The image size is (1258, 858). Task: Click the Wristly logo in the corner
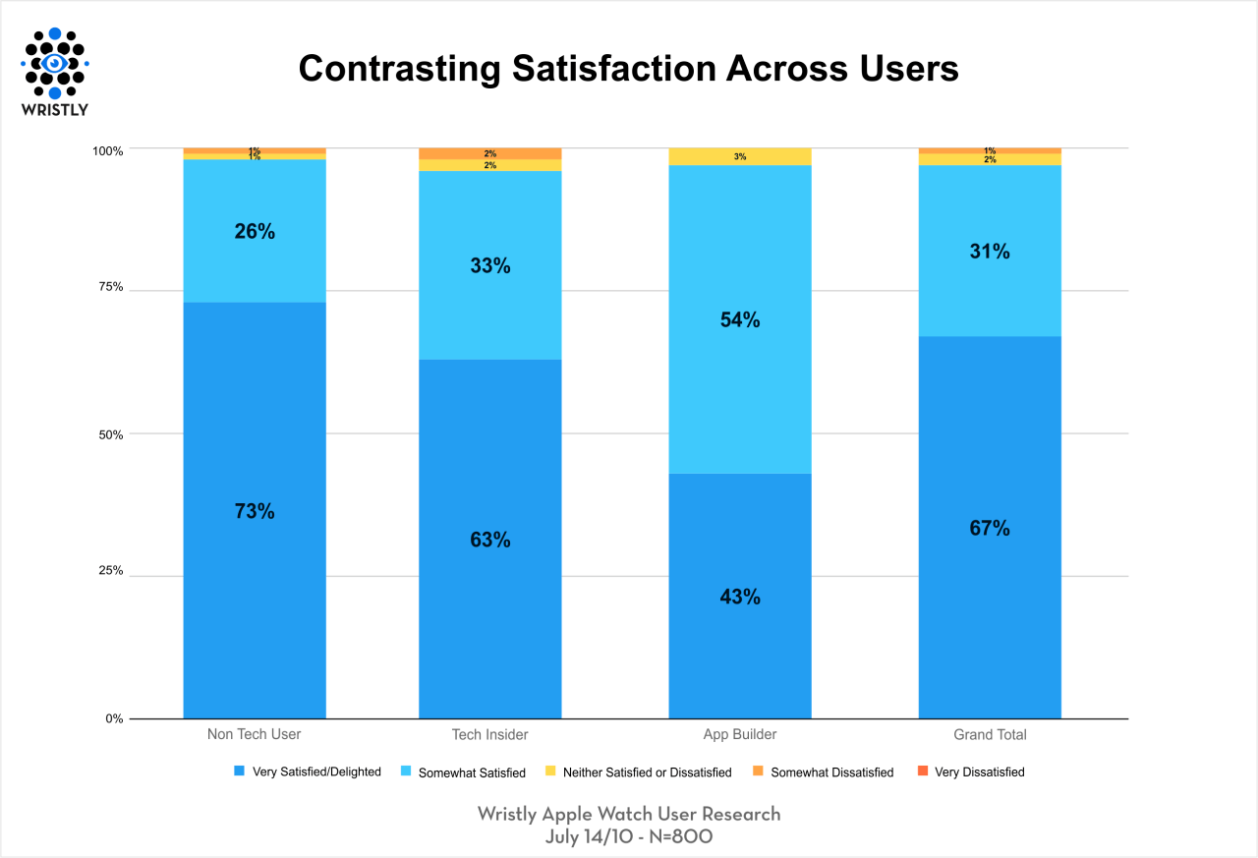(x=55, y=71)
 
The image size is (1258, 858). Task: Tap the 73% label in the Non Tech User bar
(x=255, y=511)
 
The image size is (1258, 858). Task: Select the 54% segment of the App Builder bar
(x=740, y=319)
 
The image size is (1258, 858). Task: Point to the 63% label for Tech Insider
(x=490, y=540)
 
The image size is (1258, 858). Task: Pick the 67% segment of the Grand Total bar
(x=990, y=528)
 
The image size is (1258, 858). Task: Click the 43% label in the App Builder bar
(x=740, y=597)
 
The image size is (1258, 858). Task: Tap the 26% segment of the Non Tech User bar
(x=255, y=231)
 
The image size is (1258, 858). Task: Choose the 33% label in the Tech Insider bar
(x=490, y=265)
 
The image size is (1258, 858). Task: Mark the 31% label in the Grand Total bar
(x=990, y=251)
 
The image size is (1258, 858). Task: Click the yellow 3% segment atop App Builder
(x=740, y=156)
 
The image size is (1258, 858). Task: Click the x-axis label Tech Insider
(x=490, y=734)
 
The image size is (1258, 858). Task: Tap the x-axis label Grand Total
(x=990, y=734)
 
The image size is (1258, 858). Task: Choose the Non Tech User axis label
(x=255, y=734)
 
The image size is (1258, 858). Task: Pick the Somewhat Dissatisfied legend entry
(x=831, y=772)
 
